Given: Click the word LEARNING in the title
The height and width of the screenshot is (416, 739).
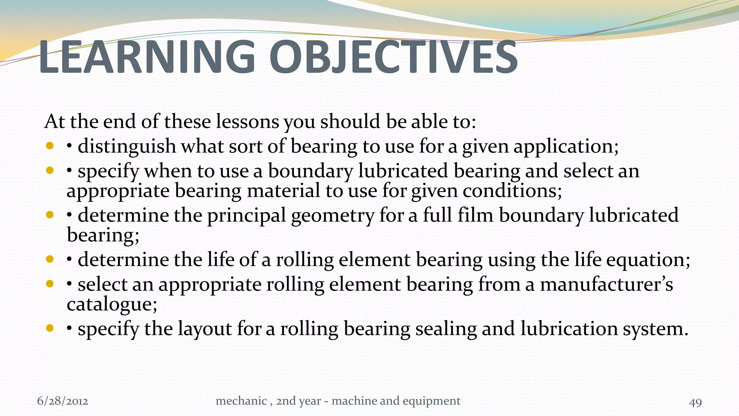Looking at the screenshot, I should point(146,57).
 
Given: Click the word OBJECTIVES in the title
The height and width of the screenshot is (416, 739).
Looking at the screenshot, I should point(393,57).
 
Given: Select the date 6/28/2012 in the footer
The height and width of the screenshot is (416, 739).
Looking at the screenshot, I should point(62,401).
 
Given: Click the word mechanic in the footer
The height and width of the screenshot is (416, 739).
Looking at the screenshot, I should point(241,401).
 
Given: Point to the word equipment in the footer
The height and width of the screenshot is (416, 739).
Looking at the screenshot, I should point(432,401).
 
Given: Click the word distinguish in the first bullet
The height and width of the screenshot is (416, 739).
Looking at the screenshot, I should point(127,147).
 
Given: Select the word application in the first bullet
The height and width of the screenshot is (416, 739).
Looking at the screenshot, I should point(565,147).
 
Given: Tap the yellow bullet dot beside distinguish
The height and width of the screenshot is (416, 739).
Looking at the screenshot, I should point(50,146).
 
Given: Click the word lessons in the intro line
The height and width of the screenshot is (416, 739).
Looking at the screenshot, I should point(247,121).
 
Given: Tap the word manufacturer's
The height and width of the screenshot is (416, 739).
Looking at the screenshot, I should point(606,285).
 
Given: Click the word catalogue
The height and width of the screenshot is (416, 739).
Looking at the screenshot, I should point(111,304).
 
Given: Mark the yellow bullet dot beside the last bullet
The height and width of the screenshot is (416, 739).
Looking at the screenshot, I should point(50,328).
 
